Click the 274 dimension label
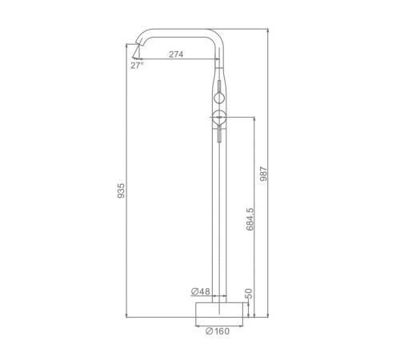176,54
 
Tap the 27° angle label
137,66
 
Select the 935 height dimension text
121,190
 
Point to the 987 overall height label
263,174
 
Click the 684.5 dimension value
250,219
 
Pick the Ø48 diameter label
201,291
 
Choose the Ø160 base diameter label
218,331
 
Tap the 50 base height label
248,294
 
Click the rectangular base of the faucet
219,310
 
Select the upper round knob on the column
219,98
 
